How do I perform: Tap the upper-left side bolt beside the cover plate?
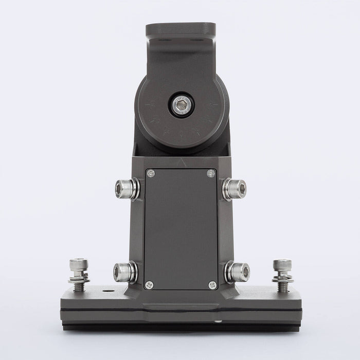[x=127, y=188]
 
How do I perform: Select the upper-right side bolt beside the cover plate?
[x=235, y=188]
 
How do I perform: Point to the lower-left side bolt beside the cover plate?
[x=125, y=272]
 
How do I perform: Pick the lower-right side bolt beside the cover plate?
[x=237, y=272]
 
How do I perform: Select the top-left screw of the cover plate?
[x=151, y=173]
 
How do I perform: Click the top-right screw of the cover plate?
[x=210, y=173]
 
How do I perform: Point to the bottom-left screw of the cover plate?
[x=149, y=284]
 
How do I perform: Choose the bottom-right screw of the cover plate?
[x=212, y=284]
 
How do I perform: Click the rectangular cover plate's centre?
[x=180, y=229]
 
